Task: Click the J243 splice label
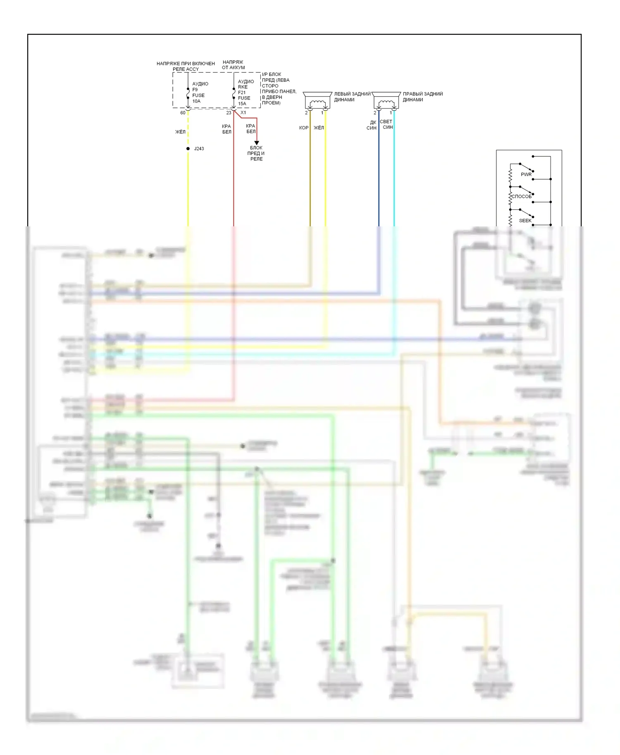tap(199, 149)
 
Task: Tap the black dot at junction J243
tap(188, 149)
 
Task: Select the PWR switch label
tap(526, 174)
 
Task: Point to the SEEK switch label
tap(525, 221)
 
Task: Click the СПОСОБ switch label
tap(522, 197)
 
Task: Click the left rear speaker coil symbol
tap(317, 103)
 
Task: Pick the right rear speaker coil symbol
tap(386, 103)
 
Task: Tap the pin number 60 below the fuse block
tap(183, 113)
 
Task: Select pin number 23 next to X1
tap(229, 113)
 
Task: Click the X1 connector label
tap(243, 112)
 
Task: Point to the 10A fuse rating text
tap(196, 101)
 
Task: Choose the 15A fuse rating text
tap(242, 104)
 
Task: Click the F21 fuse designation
tap(242, 93)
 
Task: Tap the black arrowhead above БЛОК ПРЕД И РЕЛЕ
tap(256, 143)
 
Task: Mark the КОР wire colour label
tap(304, 128)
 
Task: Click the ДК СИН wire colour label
tap(372, 125)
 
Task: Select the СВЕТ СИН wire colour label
tap(386, 124)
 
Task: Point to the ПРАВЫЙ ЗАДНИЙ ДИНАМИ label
tap(422, 97)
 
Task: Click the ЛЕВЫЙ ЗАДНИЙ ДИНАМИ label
tap(352, 97)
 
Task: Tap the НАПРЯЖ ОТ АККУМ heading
tap(233, 65)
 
